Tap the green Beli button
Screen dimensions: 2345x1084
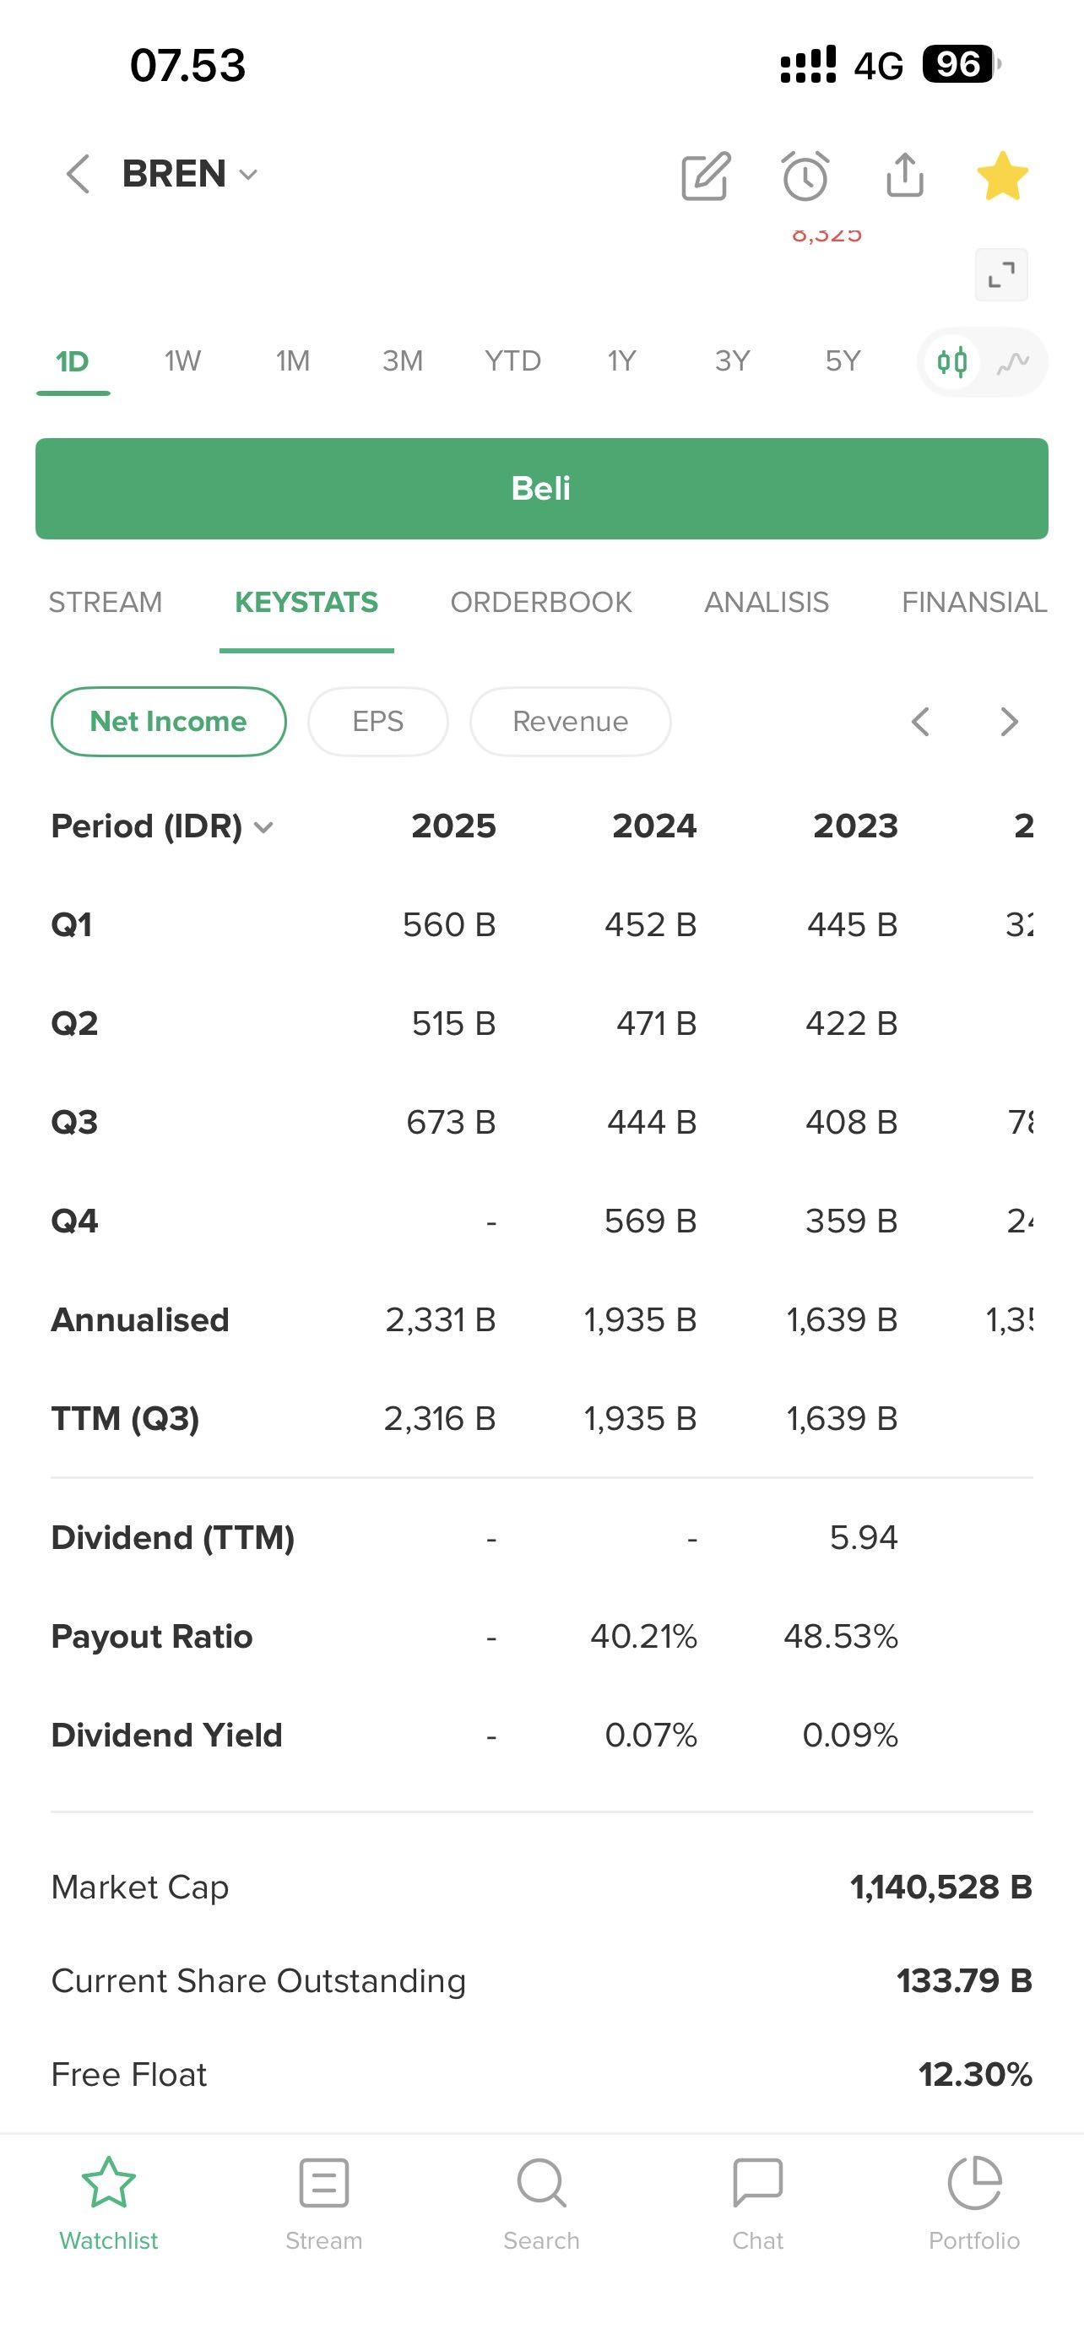tap(541, 489)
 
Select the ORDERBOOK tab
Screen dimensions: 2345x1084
tap(540, 603)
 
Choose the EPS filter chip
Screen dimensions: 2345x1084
tap(377, 722)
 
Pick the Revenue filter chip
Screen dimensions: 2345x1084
tap(570, 722)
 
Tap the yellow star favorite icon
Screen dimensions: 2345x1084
tap(1002, 176)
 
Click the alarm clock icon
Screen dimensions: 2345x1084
tap(805, 176)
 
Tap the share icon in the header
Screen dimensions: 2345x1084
tap(905, 176)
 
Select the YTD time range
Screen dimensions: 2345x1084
tap(512, 361)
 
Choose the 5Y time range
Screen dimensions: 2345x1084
tap(843, 361)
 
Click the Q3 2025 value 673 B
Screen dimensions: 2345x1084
tap(451, 1123)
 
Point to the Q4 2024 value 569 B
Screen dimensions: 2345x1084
tap(650, 1221)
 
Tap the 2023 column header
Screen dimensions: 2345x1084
tap(854, 826)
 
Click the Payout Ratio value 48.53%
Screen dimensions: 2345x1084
tap(840, 1637)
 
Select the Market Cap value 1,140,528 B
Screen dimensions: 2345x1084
tap(941, 1888)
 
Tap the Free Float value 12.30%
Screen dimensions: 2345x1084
tap(975, 2076)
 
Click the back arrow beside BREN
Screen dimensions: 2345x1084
tap(79, 174)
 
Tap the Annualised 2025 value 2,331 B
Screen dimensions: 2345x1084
tap(441, 1320)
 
